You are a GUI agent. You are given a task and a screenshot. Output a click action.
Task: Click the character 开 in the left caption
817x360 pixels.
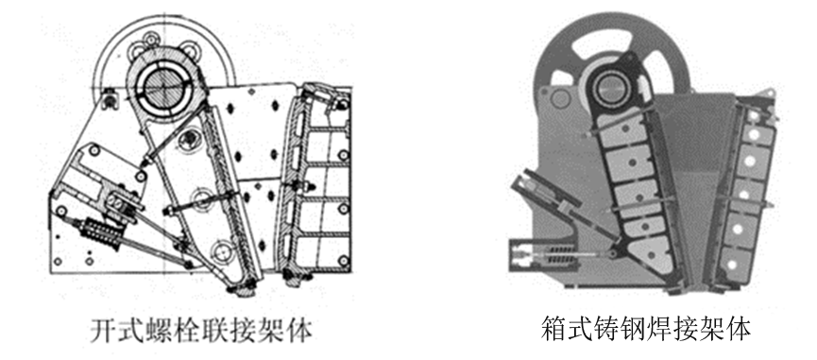point(103,329)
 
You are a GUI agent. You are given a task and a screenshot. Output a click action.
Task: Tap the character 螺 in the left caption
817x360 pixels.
point(155,329)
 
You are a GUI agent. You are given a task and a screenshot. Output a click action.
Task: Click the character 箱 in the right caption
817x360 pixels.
point(553,328)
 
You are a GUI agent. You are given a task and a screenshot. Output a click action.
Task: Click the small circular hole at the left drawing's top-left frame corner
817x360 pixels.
point(110,95)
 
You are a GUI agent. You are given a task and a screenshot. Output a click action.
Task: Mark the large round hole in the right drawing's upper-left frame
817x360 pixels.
point(559,98)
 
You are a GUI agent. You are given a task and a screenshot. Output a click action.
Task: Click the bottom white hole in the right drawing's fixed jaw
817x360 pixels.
point(732,265)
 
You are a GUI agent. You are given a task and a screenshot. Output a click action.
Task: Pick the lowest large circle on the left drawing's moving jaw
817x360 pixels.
point(223,250)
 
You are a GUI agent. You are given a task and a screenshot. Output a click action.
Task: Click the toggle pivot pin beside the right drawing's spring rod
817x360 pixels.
point(613,254)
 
